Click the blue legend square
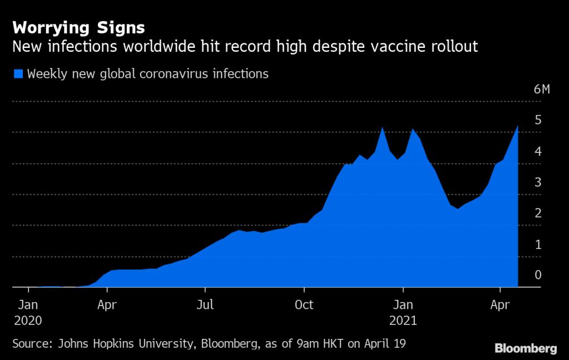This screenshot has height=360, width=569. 18,73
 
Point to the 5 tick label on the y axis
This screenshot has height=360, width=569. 538,120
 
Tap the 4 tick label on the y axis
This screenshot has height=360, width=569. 538,151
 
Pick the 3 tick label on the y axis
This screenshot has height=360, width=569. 538,183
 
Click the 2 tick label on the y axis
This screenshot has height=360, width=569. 538,214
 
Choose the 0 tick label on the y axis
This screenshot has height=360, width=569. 538,275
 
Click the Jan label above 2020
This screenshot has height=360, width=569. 28,305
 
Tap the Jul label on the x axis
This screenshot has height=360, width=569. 205,305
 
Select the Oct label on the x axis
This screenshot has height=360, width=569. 304,305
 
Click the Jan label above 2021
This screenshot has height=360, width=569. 403,305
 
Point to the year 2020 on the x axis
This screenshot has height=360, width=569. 28,321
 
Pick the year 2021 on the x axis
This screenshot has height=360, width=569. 403,321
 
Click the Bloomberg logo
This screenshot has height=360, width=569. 526,348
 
